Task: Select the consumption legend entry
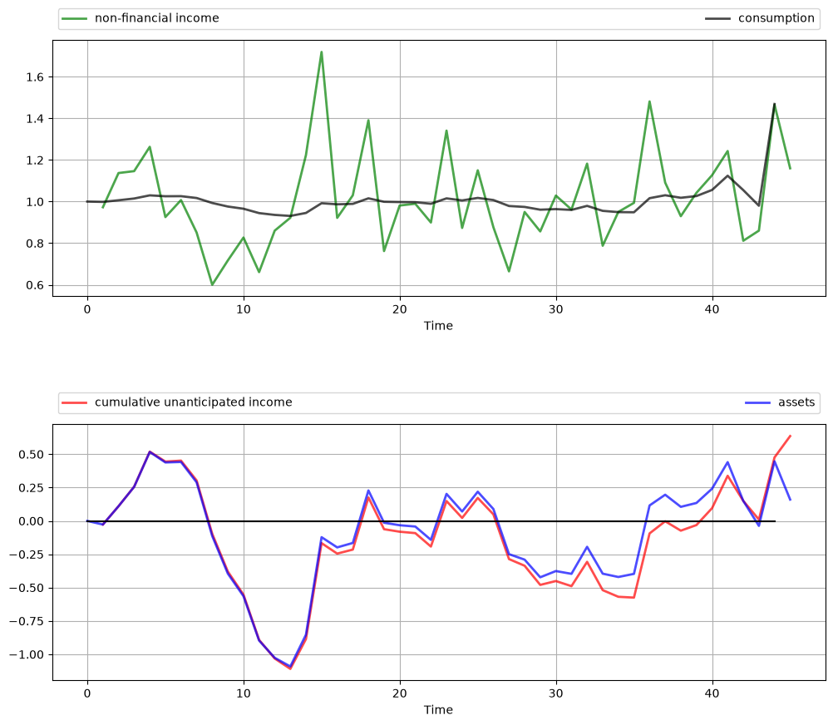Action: click(x=760, y=18)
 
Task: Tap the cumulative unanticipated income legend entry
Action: click(x=177, y=402)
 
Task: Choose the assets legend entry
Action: click(x=780, y=402)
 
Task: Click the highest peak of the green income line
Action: click(x=322, y=52)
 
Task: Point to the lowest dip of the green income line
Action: click(x=212, y=285)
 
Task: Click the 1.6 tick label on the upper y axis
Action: click(x=35, y=77)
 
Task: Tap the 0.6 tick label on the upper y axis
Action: click(x=35, y=285)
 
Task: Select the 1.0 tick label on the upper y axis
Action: click(x=35, y=202)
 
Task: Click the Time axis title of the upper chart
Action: click(x=438, y=326)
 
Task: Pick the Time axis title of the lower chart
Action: click(x=438, y=709)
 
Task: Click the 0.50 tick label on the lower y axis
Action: click(x=32, y=454)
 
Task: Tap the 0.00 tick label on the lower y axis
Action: click(x=32, y=521)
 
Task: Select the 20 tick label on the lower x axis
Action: click(x=400, y=693)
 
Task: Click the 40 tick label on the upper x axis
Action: click(x=712, y=309)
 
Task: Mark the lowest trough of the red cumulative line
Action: click(x=291, y=668)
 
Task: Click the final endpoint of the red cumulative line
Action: click(x=791, y=436)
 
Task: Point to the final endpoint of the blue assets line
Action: click(x=791, y=500)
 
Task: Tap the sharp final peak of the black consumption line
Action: click(x=775, y=104)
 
